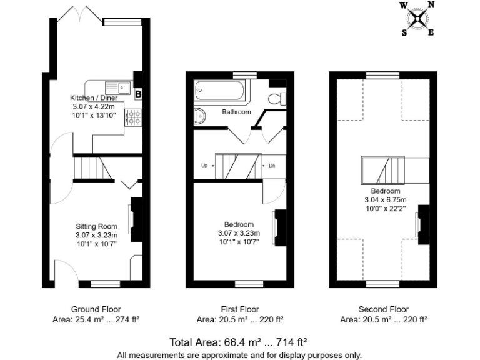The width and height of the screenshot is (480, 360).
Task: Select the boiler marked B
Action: [138, 94]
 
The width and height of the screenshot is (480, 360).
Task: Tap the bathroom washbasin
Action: [199, 116]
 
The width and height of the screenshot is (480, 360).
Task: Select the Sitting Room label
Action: [96, 226]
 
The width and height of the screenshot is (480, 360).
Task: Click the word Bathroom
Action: [236, 112]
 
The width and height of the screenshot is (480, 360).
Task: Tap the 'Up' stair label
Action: [205, 166]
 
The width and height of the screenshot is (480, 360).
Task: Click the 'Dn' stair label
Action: [272, 166]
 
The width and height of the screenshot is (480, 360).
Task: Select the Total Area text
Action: [238, 342]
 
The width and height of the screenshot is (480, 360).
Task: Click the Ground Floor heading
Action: [96, 309]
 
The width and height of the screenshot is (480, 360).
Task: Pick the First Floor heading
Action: [239, 309]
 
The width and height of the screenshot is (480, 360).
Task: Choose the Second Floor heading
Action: [383, 309]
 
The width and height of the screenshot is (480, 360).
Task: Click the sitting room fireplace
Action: [134, 218]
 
